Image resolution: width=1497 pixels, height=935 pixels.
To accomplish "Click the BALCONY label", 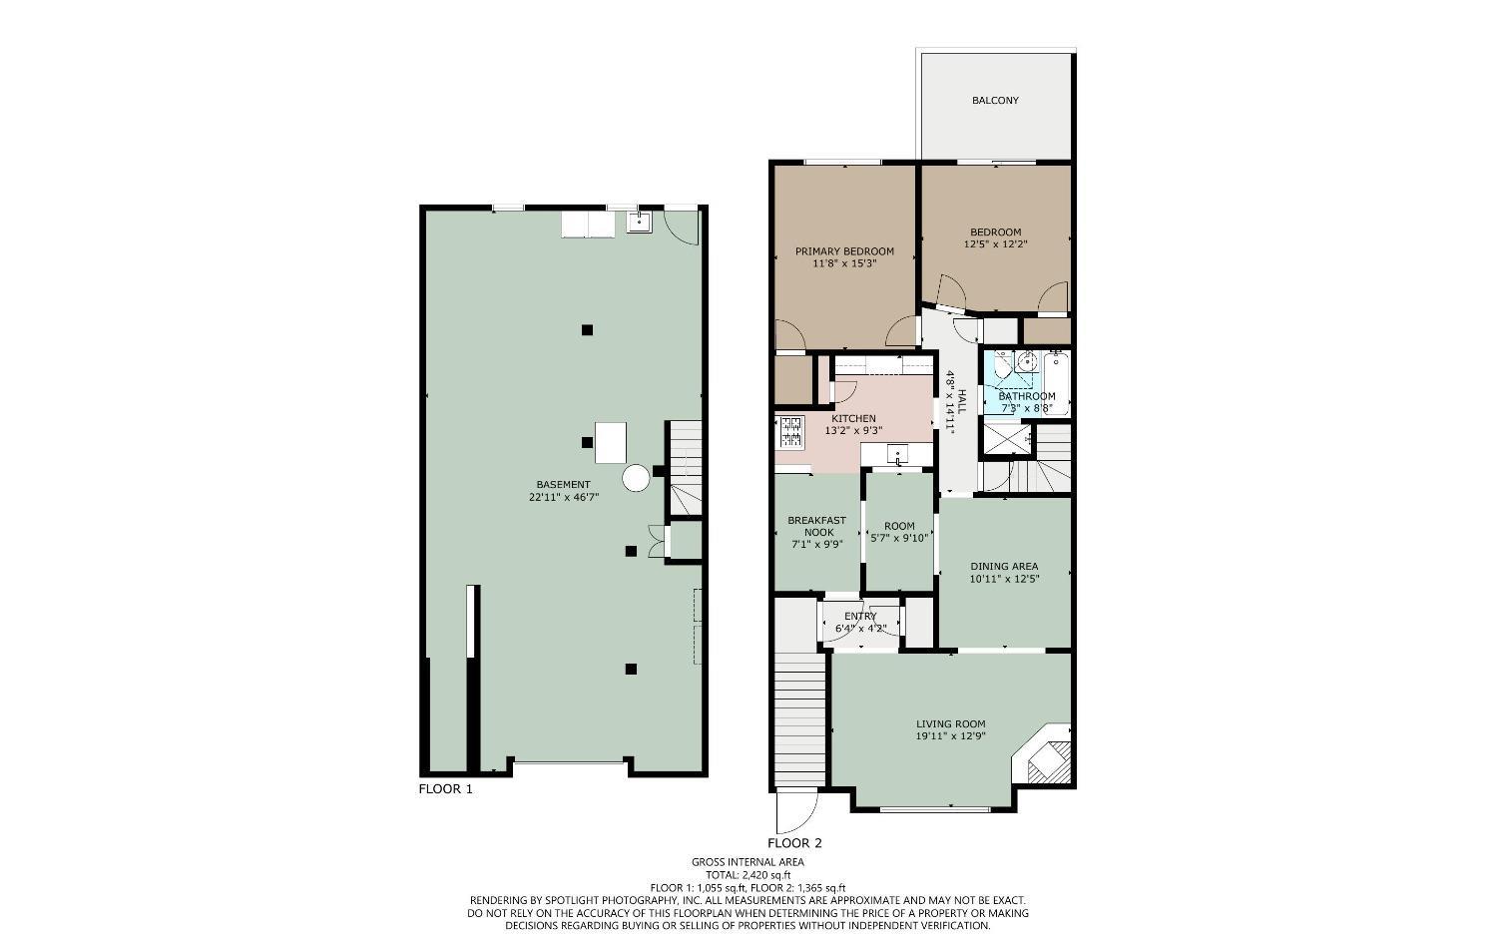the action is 995,100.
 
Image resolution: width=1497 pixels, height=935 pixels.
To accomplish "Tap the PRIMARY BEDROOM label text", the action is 844,251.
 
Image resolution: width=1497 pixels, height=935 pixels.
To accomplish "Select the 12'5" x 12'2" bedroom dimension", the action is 996,243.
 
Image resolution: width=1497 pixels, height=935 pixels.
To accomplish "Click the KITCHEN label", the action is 853,418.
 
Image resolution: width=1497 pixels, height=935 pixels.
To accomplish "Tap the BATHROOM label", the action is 1027,396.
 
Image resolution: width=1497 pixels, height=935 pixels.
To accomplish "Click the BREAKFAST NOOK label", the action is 816,526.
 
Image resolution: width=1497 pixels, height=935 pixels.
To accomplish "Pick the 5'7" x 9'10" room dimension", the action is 899,537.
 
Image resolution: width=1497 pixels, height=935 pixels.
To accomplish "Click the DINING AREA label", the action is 1004,566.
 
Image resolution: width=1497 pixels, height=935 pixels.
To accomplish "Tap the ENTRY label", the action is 860,617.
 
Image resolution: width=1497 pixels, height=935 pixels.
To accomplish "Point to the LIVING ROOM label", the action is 950,723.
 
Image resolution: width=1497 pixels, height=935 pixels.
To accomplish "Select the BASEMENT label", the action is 564,485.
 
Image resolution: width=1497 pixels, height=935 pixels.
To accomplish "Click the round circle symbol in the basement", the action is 636,478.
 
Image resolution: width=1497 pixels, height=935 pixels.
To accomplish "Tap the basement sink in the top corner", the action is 640,222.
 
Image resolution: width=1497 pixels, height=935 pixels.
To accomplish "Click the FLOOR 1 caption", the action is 446,788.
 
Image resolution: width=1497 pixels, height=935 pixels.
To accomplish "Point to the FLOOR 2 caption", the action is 794,843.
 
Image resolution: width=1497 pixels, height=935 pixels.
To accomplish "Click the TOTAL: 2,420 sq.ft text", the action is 748,875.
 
